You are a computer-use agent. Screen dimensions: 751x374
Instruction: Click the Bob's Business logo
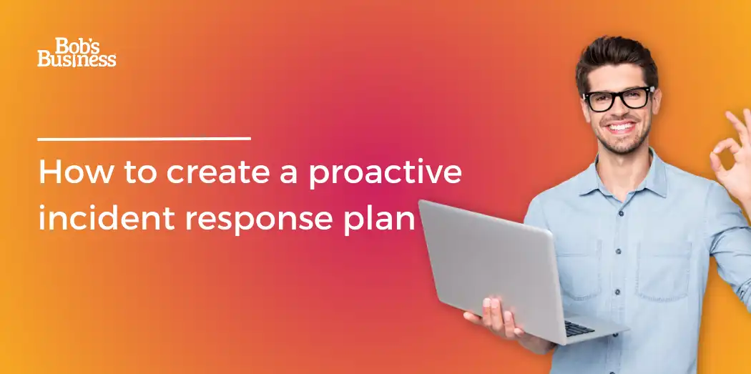point(77,52)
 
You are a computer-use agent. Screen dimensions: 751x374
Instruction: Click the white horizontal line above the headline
point(144,139)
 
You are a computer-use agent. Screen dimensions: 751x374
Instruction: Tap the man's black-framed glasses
point(619,99)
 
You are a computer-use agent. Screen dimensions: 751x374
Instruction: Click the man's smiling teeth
point(622,127)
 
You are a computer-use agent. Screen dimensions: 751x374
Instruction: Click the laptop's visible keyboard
point(579,328)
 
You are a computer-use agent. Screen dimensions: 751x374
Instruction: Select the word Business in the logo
point(77,59)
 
